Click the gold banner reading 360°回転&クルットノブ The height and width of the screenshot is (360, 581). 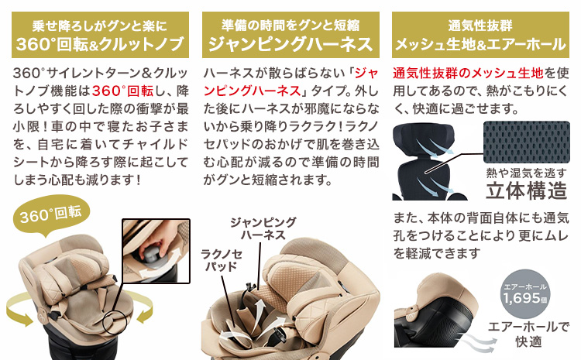(100, 35)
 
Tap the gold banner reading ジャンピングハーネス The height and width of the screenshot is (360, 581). (290, 35)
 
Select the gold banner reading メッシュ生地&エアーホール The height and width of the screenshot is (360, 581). (480, 35)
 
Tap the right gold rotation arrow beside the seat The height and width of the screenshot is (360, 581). (142, 306)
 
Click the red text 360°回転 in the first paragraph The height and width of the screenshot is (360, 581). (122, 91)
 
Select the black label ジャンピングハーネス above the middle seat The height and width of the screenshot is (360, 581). (263, 228)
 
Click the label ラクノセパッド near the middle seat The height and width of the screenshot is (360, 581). (222, 260)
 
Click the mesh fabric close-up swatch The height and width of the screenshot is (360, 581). (527, 142)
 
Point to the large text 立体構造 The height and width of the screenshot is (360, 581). (527, 190)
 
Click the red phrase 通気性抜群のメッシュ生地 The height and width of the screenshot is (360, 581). (468, 73)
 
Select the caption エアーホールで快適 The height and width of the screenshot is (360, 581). (528, 334)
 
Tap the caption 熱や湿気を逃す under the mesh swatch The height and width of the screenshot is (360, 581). (527, 173)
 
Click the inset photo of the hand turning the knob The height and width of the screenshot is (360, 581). (156, 251)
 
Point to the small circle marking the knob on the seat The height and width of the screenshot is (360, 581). (115, 321)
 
